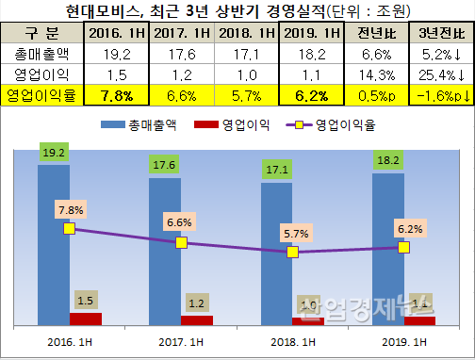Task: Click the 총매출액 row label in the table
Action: click(42, 55)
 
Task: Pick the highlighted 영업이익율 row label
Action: click(42, 95)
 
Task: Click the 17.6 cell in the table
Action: click(179, 55)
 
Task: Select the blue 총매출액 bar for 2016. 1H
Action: click(53, 245)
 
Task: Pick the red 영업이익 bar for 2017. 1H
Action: click(196, 320)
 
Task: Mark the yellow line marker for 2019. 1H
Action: click(403, 247)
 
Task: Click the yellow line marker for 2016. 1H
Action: click(69, 228)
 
